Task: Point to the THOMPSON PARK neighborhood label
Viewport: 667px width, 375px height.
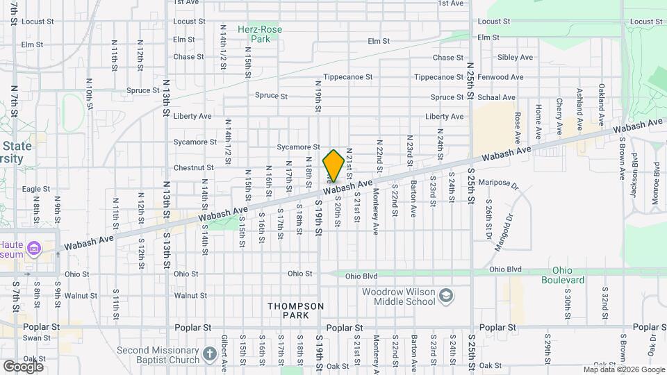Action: (x=295, y=310)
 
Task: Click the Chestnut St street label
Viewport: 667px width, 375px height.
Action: (x=193, y=167)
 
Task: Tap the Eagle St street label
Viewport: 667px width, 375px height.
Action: (x=36, y=189)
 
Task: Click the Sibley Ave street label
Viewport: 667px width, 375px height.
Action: (x=515, y=58)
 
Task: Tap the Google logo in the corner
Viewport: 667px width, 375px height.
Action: (x=23, y=366)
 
